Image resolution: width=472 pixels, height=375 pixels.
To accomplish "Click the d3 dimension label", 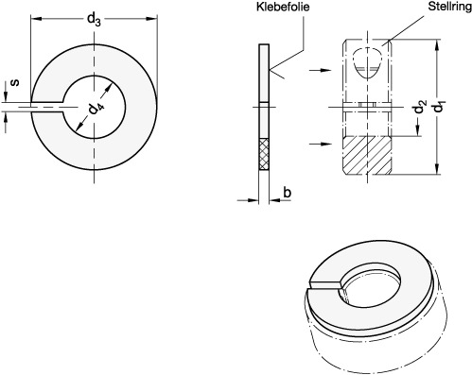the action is click(x=94, y=20).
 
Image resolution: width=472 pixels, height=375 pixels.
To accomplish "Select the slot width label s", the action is click(x=14, y=83).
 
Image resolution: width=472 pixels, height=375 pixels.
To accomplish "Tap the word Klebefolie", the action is click(x=283, y=7).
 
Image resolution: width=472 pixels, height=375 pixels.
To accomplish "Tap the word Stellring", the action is click(x=449, y=7).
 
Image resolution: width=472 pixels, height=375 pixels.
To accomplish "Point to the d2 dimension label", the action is click(x=420, y=106).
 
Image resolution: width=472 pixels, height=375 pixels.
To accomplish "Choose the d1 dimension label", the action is click(x=439, y=106).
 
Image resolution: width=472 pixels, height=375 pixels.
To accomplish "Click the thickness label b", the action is click(x=287, y=192).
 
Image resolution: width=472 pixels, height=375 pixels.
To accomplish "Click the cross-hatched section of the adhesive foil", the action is click(x=264, y=154).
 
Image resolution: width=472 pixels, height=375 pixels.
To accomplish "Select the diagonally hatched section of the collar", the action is click(x=367, y=155).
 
